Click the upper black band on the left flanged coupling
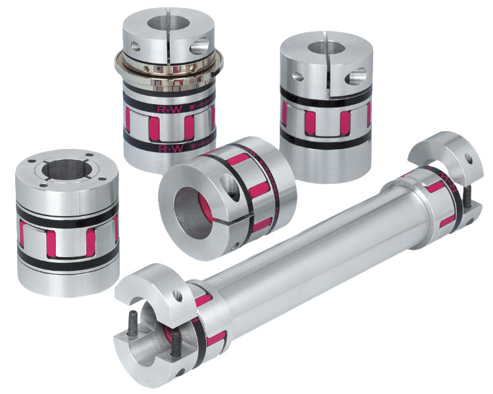coord(66,213)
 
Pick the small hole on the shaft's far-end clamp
coord(469,158)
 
